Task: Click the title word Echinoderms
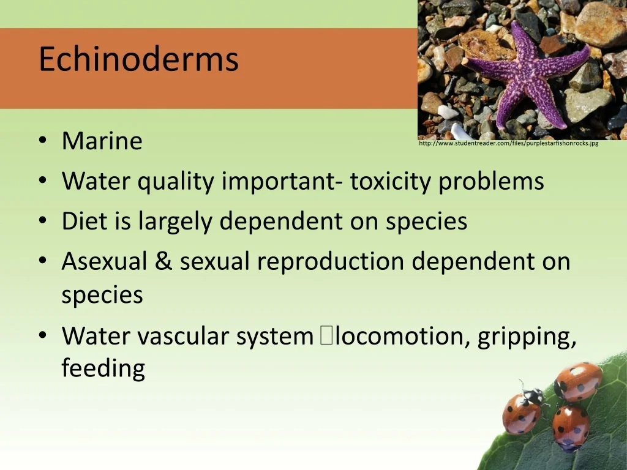pos(138,59)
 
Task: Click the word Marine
pos(102,141)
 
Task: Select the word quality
pos(176,182)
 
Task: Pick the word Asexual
pos(104,261)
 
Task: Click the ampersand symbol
pos(163,261)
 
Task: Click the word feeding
pos(103,368)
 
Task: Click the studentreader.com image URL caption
pos(509,143)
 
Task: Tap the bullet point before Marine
pos(43,141)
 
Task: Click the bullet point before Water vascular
pos(43,336)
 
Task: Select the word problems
pos(491,182)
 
